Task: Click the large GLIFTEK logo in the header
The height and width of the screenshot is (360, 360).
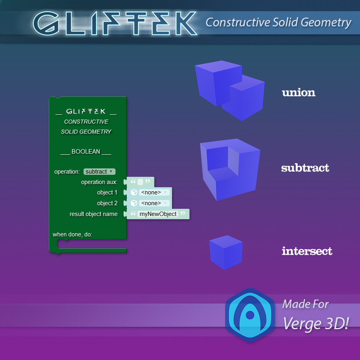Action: tap(115, 24)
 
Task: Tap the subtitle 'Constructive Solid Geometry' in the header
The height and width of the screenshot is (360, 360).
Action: tap(278, 22)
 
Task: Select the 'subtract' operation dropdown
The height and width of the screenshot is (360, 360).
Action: tap(100, 172)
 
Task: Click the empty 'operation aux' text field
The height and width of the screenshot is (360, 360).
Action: tap(140, 182)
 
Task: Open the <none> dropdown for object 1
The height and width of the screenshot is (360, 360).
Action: tap(154, 192)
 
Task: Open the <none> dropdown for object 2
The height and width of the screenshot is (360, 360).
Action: tap(154, 203)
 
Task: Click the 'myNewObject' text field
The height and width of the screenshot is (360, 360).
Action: tap(158, 214)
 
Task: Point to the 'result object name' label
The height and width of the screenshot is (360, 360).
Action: tap(94, 214)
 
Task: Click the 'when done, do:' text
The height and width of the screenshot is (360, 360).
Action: tap(72, 234)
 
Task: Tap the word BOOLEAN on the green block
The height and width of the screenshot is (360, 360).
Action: tap(86, 152)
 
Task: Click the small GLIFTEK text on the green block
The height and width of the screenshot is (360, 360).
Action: tap(86, 111)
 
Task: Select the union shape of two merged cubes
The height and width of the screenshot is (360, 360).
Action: tap(230, 90)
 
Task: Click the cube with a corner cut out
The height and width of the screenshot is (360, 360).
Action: tap(230, 170)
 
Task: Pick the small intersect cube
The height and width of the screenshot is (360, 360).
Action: tap(226, 252)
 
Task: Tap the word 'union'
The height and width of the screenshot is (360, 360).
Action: tap(299, 92)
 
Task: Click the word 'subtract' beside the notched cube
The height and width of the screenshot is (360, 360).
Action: tap(305, 168)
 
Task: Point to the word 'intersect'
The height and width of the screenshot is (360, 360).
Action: tap(307, 251)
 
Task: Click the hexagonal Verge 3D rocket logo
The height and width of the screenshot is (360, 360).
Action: tap(250, 315)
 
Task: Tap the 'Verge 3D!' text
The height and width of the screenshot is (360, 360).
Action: tap(316, 324)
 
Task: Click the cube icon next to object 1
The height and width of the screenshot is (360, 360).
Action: tap(134, 192)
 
